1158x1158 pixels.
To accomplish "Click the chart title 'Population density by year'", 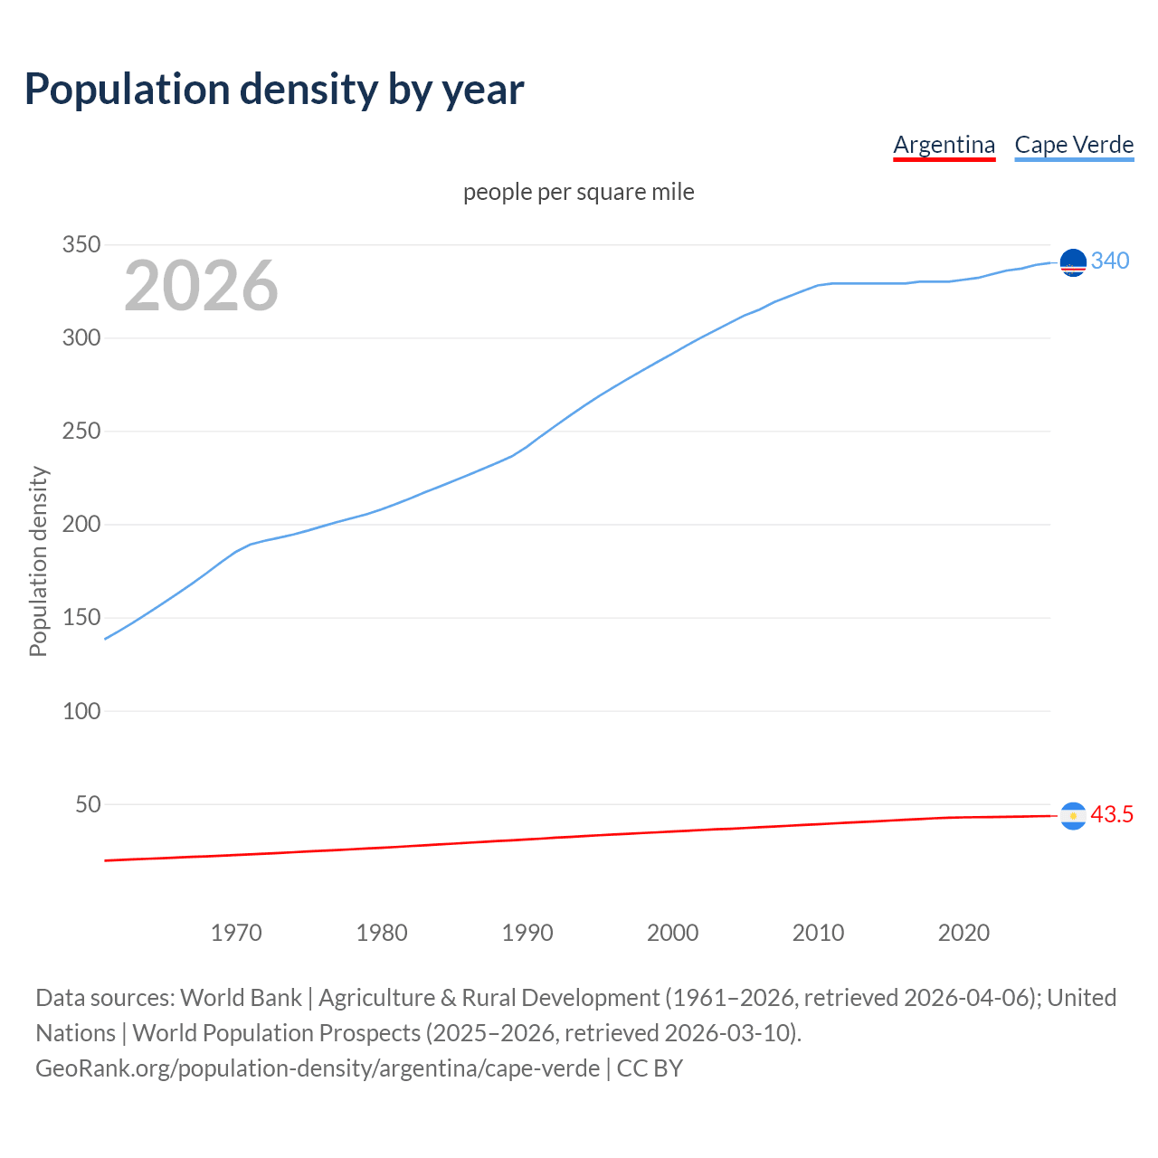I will pyautogui.click(x=274, y=89).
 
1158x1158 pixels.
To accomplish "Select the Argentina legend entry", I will pyautogui.click(x=944, y=145).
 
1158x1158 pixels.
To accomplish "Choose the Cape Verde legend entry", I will pyautogui.click(x=1074, y=145).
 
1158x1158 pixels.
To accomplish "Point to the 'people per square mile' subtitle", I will pyautogui.click(x=579, y=192).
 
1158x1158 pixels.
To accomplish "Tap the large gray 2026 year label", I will pyautogui.click(x=201, y=286).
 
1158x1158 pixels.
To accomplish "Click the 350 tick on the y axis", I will pyautogui.click(x=81, y=245).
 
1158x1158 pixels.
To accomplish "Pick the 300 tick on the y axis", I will pyautogui.click(x=81, y=338).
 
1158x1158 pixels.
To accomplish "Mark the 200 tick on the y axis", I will pyautogui.click(x=81, y=525).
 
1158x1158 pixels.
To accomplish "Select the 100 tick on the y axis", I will pyautogui.click(x=81, y=711).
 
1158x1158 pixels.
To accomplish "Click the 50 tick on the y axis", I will pyautogui.click(x=87, y=804).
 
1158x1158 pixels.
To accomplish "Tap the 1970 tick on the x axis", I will pyautogui.click(x=236, y=933).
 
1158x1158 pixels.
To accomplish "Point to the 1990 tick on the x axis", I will pyautogui.click(x=527, y=933).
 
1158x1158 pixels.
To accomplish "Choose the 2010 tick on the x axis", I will pyautogui.click(x=818, y=933).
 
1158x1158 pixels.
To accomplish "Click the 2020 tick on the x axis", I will pyautogui.click(x=963, y=933).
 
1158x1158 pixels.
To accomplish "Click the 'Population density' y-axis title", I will pyautogui.click(x=38, y=561).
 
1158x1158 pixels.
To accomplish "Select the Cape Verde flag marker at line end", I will pyautogui.click(x=1073, y=262).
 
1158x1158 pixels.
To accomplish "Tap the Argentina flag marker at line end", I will pyautogui.click(x=1073, y=816).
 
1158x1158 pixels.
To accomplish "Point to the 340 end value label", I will pyautogui.click(x=1110, y=261).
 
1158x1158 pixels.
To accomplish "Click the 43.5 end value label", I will pyautogui.click(x=1112, y=814).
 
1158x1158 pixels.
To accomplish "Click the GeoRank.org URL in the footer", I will pyautogui.click(x=318, y=1068).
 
